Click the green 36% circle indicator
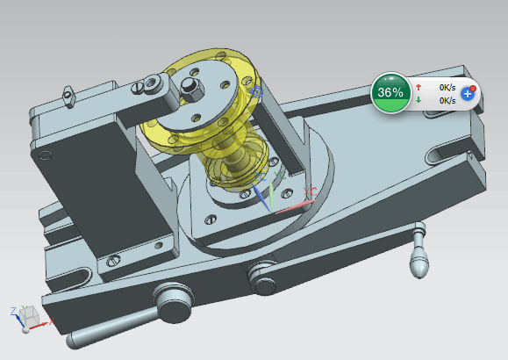pos(390,93)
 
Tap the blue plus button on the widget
pos(467,94)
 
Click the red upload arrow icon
pos(419,87)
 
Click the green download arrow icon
pos(419,100)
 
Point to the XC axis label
pos(310,192)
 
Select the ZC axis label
pos(260,177)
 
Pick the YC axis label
pos(280,176)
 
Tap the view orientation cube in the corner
pos(29,316)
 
